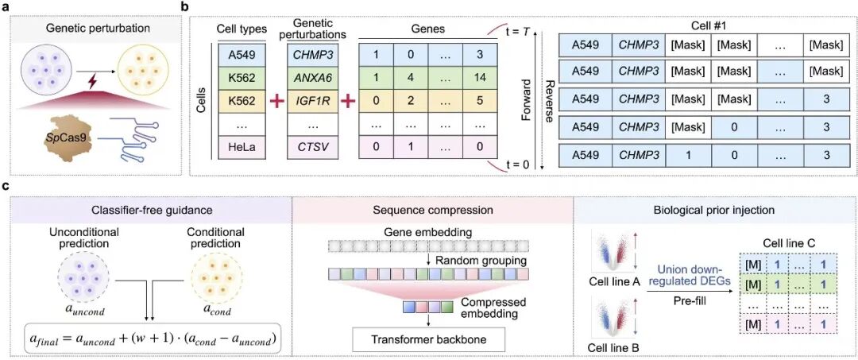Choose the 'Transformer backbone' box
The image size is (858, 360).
(x=430, y=339)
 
